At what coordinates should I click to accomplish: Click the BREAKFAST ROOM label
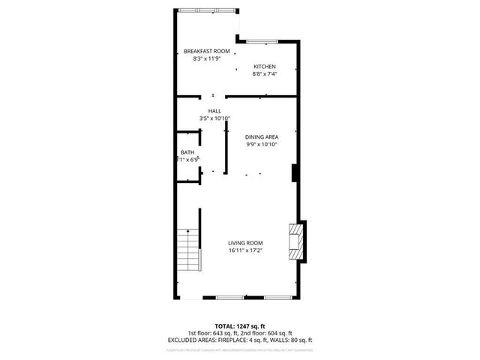206,51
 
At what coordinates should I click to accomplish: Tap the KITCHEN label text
264,67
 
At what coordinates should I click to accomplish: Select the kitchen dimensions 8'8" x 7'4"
264,74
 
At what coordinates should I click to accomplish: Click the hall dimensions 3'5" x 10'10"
214,118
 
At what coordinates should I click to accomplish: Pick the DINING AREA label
262,137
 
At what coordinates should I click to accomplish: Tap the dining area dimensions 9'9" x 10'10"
262,145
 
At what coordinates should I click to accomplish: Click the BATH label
187,152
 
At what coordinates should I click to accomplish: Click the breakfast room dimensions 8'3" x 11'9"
206,58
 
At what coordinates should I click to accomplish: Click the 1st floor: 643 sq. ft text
213,333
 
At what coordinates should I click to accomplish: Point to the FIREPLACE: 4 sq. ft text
243,340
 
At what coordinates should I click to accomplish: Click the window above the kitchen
262,40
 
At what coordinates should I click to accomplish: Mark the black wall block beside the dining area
295,172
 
